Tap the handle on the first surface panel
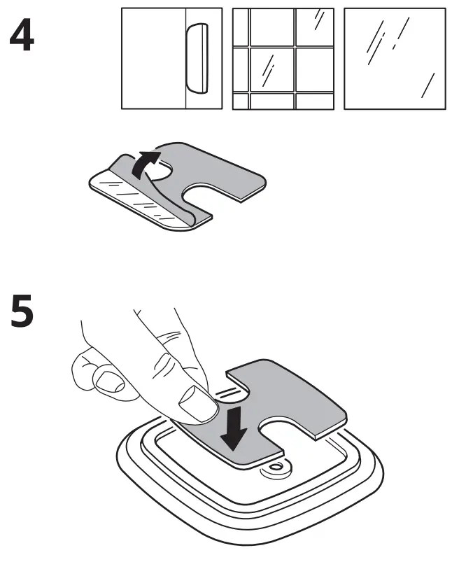pyautogui.click(x=198, y=58)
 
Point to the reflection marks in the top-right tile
pyautogui.click(x=318, y=19)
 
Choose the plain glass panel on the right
pyautogui.click(x=394, y=59)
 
